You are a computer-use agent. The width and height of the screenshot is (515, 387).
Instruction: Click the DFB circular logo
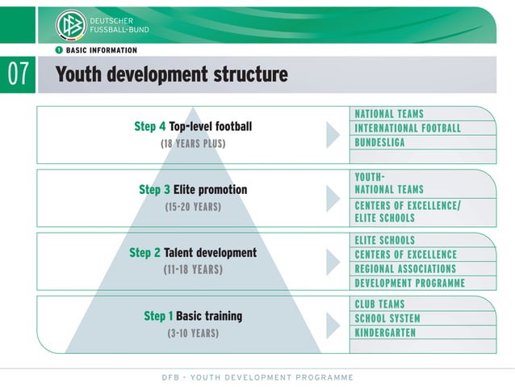pos(70,25)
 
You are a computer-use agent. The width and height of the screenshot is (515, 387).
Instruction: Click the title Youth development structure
pos(171,75)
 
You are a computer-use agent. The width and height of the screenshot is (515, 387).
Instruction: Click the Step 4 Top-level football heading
pos(193,127)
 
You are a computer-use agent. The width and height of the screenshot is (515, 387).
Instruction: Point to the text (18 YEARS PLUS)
pos(193,144)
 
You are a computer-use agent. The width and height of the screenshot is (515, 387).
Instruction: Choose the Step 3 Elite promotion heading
pos(193,190)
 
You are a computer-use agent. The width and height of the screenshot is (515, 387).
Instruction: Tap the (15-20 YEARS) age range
pos(193,207)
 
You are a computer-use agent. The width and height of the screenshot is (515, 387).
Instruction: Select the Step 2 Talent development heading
pos(193,253)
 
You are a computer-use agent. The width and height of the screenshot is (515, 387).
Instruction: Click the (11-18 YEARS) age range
pos(193,270)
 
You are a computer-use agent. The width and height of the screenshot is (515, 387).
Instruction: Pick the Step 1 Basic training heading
pos(193,316)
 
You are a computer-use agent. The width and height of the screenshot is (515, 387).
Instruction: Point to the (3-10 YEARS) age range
pos(193,333)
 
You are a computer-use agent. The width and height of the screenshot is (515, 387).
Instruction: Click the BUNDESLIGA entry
pos(379,143)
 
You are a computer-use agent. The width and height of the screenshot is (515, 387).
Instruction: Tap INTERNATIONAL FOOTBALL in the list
pos(408,128)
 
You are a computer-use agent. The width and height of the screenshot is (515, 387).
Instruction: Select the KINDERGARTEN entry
pos(385,333)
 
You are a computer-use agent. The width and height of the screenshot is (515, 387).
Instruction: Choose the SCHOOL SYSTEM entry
pos(387,318)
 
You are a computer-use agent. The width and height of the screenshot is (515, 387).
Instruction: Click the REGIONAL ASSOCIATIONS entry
pos(405,269)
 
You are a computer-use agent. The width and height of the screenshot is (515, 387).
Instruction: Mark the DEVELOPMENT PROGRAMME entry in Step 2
pos(409,284)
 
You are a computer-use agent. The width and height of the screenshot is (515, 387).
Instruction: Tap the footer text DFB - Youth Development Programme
pos(257,377)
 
